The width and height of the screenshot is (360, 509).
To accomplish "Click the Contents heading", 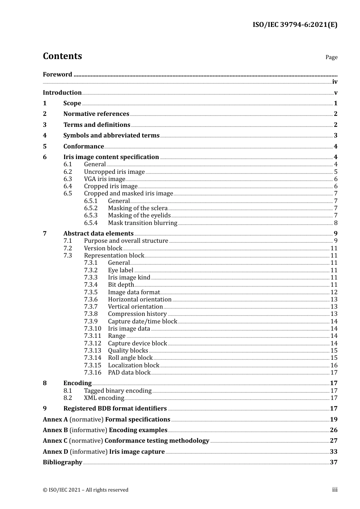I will pos(62,56).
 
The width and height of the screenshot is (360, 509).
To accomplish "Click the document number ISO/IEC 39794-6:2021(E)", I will pos(295,25).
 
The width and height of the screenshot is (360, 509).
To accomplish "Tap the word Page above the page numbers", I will pos(331,57).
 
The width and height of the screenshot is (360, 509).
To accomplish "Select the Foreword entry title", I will pos(57,75).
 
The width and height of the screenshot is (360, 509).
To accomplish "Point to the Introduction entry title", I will pos(62,93).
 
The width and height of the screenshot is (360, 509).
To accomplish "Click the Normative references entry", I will pos(96,114).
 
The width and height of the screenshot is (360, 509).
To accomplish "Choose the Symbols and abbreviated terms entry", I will pos(111,136).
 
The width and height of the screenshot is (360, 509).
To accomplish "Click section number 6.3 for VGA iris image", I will pos(67,179).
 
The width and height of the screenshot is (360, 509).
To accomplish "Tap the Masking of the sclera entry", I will pos(138,208).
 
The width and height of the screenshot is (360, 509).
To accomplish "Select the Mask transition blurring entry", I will pos(142,223).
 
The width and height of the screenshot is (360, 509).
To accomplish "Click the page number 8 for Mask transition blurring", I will pos(335,223).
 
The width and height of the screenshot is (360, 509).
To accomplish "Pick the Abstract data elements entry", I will pos(99,234).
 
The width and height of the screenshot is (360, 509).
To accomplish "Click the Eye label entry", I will pos(121,270).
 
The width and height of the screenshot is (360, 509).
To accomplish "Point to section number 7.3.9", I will pos(91,322).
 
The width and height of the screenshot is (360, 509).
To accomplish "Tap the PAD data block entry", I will pos(129,373).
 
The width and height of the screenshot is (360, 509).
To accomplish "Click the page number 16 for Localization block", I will pos(334,365).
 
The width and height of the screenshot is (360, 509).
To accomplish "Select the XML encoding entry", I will pos(104,398).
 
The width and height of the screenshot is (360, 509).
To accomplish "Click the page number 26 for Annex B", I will pos(333,430).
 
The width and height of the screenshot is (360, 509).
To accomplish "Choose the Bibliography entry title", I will pos(63,462).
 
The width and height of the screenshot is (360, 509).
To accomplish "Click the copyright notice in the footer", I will pos(86,490).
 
